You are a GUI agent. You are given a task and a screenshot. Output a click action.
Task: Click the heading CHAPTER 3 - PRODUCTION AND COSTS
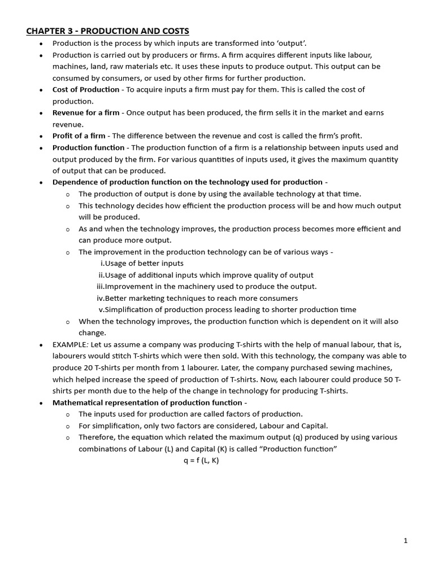[107, 31]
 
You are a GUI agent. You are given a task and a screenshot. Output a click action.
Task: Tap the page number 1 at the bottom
[406, 541]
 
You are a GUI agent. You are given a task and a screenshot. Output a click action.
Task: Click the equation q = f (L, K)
[201, 460]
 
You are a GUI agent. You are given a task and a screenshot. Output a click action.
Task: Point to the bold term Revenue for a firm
[86, 113]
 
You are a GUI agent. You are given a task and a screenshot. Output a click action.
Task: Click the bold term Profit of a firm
[79, 136]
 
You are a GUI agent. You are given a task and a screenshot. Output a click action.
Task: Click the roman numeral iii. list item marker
[101, 287]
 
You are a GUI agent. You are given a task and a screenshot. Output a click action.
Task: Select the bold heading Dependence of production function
[188, 182]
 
